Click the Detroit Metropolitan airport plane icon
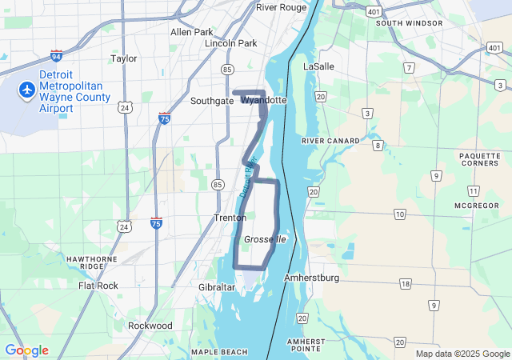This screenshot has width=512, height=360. pyautogui.click(x=27, y=90)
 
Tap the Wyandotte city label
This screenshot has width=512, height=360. pyautogui.click(x=263, y=101)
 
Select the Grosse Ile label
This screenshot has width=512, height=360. pyautogui.click(x=264, y=239)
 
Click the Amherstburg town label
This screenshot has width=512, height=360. pyautogui.click(x=312, y=278)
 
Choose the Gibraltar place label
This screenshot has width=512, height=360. pyautogui.click(x=217, y=286)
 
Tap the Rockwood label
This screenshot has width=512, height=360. pyautogui.click(x=150, y=326)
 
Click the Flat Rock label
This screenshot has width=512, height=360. pyautogui.click(x=98, y=286)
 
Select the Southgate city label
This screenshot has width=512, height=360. pyautogui.click(x=212, y=102)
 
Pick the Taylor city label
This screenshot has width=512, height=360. pyautogui.click(x=124, y=58)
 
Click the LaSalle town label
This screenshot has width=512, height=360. pyautogui.click(x=318, y=66)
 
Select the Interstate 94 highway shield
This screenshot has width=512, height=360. pyautogui.click(x=56, y=56)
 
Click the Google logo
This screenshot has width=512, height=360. pyautogui.click(x=26, y=350)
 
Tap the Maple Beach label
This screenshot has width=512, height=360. pyautogui.click(x=219, y=352)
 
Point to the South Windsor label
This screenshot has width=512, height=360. pyautogui.click(x=409, y=23)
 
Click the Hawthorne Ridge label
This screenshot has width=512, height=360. pyautogui.click(x=92, y=263)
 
